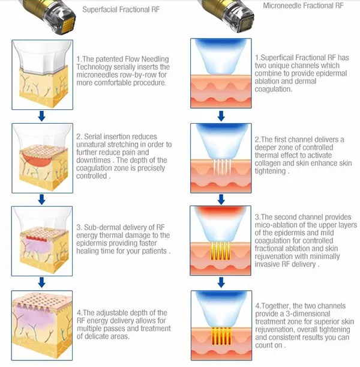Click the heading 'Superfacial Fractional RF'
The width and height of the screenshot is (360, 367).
click(x=121, y=10)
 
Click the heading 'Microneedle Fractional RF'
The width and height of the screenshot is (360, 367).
click(x=303, y=5)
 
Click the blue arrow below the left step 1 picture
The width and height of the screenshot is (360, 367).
click(x=42, y=116)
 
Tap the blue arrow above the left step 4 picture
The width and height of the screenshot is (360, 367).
click(x=42, y=282)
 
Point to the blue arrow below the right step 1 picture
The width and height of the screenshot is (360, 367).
click(x=221, y=116)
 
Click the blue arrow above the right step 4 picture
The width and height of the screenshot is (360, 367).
click(x=221, y=282)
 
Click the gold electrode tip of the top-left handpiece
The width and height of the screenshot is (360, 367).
click(x=68, y=25)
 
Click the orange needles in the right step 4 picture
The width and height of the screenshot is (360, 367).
click(x=221, y=336)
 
